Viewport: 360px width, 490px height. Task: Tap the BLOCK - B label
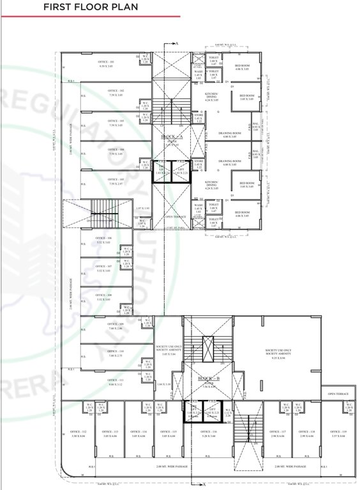(208, 378)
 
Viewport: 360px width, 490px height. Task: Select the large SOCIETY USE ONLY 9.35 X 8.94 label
(278, 353)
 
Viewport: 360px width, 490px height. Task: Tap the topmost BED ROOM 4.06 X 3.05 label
(243, 67)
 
